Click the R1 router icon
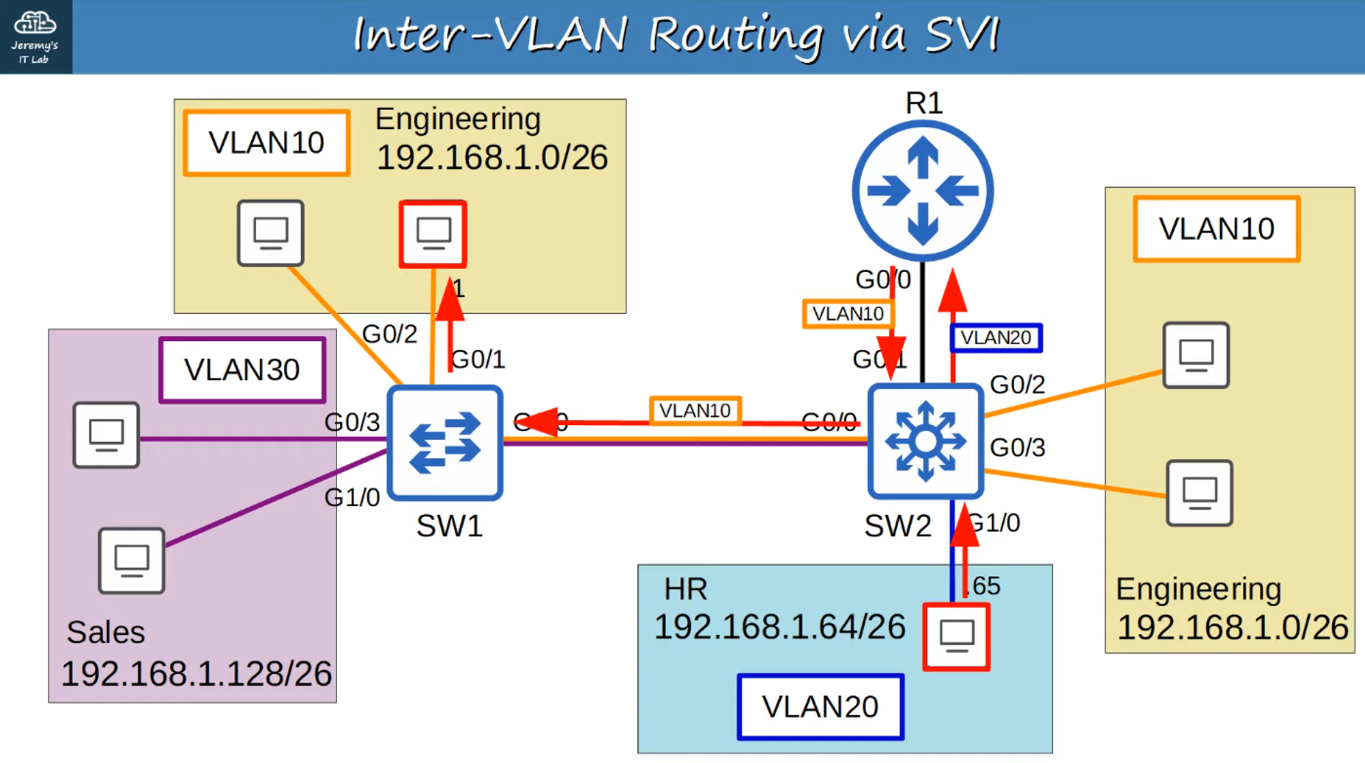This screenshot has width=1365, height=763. click(x=923, y=191)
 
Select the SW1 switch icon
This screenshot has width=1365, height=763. click(x=445, y=443)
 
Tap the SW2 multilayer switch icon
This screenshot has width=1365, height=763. click(x=925, y=441)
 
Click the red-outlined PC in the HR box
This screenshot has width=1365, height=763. click(x=956, y=636)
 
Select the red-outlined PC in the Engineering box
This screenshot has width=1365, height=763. click(x=433, y=234)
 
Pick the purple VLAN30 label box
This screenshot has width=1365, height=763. click(x=242, y=370)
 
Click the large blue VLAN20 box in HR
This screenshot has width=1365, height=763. click(x=820, y=706)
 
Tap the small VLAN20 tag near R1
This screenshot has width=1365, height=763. click(x=996, y=337)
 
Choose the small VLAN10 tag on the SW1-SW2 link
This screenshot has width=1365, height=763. click(x=695, y=411)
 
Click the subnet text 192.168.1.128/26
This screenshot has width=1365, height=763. click(x=197, y=674)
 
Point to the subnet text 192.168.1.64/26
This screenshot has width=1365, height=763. click(x=779, y=626)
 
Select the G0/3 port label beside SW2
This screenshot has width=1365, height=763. click(x=1017, y=447)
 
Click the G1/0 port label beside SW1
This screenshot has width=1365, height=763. click(x=352, y=497)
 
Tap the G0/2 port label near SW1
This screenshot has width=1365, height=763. click(x=389, y=334)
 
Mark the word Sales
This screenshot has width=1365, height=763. click(x=106, y=632)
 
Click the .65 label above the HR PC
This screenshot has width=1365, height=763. click(x=985, y=585)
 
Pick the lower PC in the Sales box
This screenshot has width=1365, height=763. click(x=132, y=560)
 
